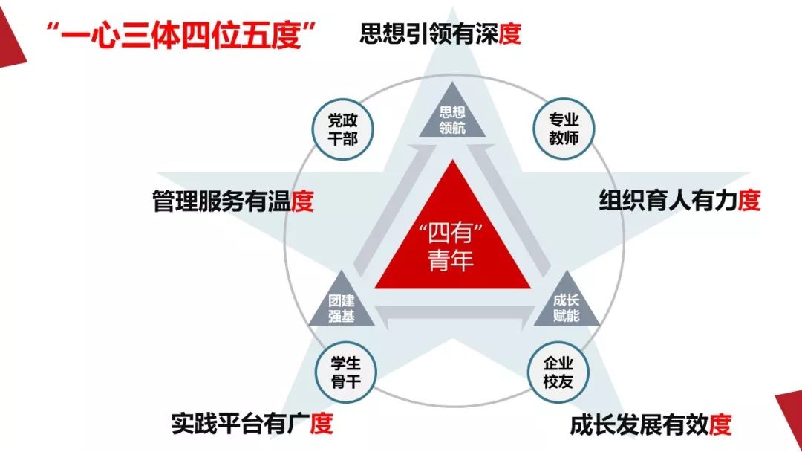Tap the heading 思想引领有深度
440,33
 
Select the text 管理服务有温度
232,201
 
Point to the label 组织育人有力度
679,200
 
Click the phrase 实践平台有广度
252,424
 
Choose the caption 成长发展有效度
651,425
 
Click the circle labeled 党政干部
342,129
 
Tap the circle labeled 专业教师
564,129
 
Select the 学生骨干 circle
346,372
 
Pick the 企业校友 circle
558,372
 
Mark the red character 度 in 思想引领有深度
510,33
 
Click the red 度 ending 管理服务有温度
302,201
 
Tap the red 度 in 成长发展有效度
720,425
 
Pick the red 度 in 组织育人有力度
749,200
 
